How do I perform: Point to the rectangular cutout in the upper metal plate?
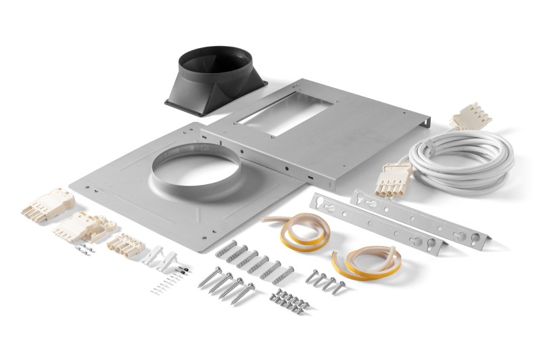point(285,111)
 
